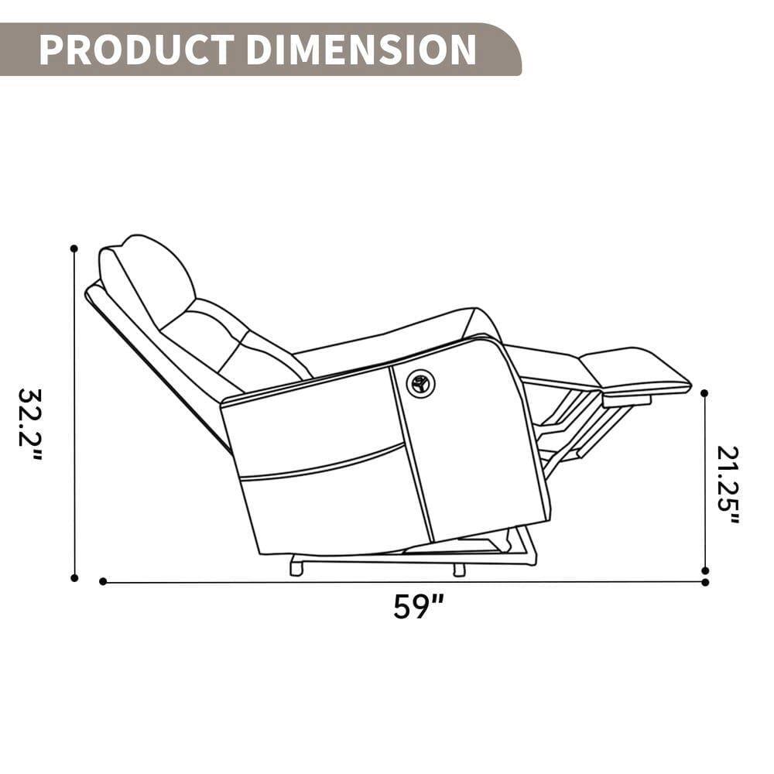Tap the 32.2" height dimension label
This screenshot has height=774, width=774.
[30, 423]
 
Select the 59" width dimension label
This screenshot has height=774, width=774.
[418, 606]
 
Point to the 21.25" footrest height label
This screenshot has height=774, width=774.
[728, 485]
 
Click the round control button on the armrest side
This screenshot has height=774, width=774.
[421, 383]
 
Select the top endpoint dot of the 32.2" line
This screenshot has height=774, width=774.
[74, 248]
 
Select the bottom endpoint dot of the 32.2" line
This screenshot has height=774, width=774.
[74, 577]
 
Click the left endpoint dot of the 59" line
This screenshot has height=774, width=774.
[103, 581]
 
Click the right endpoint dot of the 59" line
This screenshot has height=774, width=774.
[704, 581]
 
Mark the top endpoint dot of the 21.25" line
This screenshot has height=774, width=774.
[704, 393]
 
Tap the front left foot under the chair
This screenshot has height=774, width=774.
[296, 568]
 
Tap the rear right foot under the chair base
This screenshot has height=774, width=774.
[459, 570]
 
